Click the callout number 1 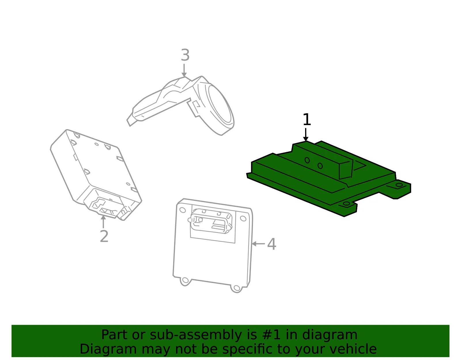(x=307, y=120)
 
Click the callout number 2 (x=104, y=236)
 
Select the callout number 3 (x=185, y=55)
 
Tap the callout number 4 (x=271, y=244)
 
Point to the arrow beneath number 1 (x=305, y=135)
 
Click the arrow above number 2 (x=103, y=222)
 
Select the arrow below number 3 (x=184, y=70)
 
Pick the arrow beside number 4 (x=258, y=244)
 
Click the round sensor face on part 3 (x=221, y=104)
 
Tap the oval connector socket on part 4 (x=210, y=221)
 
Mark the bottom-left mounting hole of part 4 (x=185, y=280)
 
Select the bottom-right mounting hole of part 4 (x=236, y=288)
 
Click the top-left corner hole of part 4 (x=182, y=210)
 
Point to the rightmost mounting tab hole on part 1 (x=399, y=185)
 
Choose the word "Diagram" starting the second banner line (x=108, y=349)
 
